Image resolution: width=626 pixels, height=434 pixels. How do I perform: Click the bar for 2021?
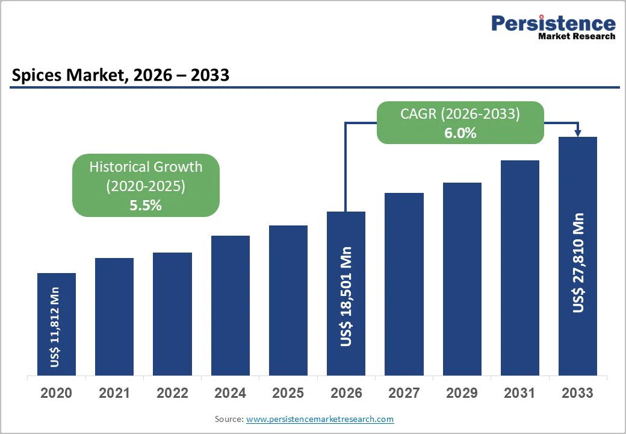[x=114, y=316]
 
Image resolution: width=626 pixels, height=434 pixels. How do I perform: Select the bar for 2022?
[x=172, y=313]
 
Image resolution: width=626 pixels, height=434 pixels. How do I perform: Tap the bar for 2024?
[x=231, y=305]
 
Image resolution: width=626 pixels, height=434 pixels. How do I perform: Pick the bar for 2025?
[x=288, y=300]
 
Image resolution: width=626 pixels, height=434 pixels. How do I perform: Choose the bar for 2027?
[x=404, y=284]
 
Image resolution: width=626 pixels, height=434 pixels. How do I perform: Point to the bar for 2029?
[x=462, y=278]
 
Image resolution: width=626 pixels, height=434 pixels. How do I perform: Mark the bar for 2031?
[x=520, y=268]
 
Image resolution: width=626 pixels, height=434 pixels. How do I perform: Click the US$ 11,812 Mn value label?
[x=55, y=327]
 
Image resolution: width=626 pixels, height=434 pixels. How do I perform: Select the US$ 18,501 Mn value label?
[x=346, y=296]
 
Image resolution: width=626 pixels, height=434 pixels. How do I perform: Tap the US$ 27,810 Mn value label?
[x=578, y=262]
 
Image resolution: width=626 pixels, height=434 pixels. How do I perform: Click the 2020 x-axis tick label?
[x=56, y=393]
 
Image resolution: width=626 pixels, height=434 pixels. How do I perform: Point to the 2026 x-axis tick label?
[x=346, y=393]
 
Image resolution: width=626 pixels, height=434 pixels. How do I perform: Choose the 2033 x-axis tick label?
[x=577, y=393]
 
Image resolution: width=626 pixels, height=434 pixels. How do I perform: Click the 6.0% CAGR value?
[x=460, y=133]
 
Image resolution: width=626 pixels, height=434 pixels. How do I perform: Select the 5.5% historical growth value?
[x=146, y=205]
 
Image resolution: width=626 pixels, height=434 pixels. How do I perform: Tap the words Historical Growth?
[x=146, y=167]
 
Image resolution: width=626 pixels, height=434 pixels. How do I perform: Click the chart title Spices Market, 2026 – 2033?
[x=120, y=75]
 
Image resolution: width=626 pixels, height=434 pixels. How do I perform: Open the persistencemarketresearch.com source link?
[x=320, y=419]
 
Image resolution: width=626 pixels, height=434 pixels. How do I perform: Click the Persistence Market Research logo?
[x=553, y=27]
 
